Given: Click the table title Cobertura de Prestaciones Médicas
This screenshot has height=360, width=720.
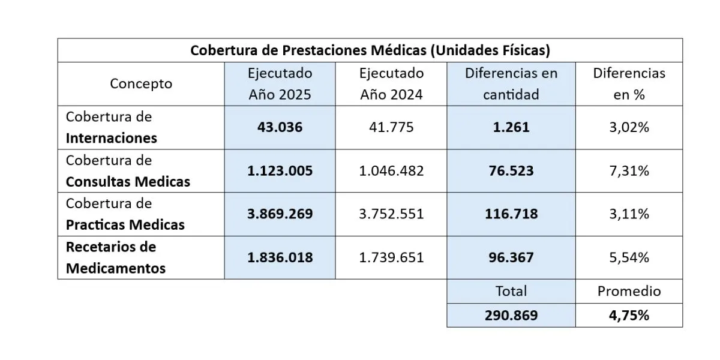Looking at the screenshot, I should (370, 50).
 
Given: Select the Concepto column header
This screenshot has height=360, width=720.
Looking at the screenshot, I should (141, 84).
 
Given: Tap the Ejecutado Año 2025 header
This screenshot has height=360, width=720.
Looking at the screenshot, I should (280, 84).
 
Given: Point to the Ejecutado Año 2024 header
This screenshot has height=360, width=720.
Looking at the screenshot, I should (391, 84).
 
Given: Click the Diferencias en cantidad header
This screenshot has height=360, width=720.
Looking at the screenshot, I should (511, 84).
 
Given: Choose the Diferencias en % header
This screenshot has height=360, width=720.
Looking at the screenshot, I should (629, 84).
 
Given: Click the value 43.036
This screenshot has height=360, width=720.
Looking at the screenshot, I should (280, 128).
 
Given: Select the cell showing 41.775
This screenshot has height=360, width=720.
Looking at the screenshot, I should (391, 128).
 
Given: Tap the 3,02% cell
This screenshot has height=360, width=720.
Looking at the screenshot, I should (629, 128).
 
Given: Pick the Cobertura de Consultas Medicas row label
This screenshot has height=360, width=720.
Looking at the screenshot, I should (128, 171).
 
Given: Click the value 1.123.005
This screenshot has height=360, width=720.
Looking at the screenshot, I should (280, 171).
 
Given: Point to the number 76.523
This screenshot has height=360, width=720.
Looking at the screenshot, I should (511, 171).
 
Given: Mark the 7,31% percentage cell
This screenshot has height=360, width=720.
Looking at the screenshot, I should (629, 171).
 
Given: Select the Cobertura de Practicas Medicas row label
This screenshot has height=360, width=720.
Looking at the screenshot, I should (125, 214).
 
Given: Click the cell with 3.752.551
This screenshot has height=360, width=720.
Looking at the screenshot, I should (391, 214).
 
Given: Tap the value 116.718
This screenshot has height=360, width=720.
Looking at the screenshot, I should (511, 214).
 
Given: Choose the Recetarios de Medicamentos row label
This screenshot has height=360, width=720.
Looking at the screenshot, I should (116, 257).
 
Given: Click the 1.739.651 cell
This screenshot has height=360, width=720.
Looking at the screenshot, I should (391, 257).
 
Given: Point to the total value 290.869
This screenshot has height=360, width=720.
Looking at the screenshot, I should (511, 316).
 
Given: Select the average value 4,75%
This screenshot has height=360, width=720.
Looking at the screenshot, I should (629, 316).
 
